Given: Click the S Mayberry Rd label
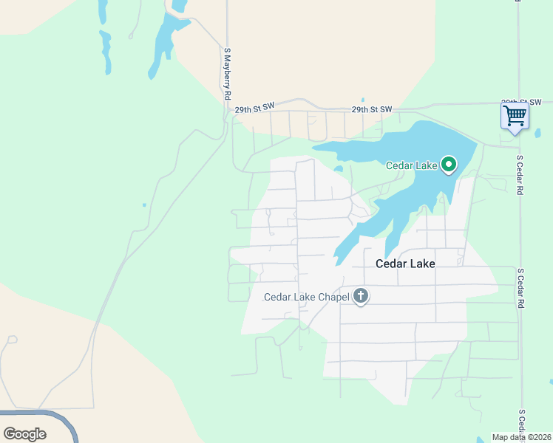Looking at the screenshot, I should (228, 75).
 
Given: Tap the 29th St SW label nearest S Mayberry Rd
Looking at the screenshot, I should (254, 109).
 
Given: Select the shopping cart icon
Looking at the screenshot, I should (515, 116).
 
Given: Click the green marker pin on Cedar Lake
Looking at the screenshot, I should (449, 164).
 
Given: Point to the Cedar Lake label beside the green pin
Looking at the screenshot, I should (412, 165).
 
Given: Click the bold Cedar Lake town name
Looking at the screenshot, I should (405, 263).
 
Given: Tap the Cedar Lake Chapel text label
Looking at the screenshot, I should (306, 298).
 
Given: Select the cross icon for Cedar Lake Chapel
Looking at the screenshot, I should (361, 297).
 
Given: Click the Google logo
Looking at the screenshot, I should (24, 434).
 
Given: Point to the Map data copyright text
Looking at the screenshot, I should (520, 437).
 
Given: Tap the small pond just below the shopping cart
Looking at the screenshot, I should (537, 134).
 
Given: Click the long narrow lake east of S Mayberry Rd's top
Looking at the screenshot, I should (163, 44).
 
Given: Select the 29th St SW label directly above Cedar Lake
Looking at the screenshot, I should (371, 109).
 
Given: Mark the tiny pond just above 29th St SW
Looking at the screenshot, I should (363, 100).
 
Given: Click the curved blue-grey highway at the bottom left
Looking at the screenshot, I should (63, 421).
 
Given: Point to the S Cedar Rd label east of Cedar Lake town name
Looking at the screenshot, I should (520, 288).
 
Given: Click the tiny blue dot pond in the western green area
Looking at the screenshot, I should (144, 205).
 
